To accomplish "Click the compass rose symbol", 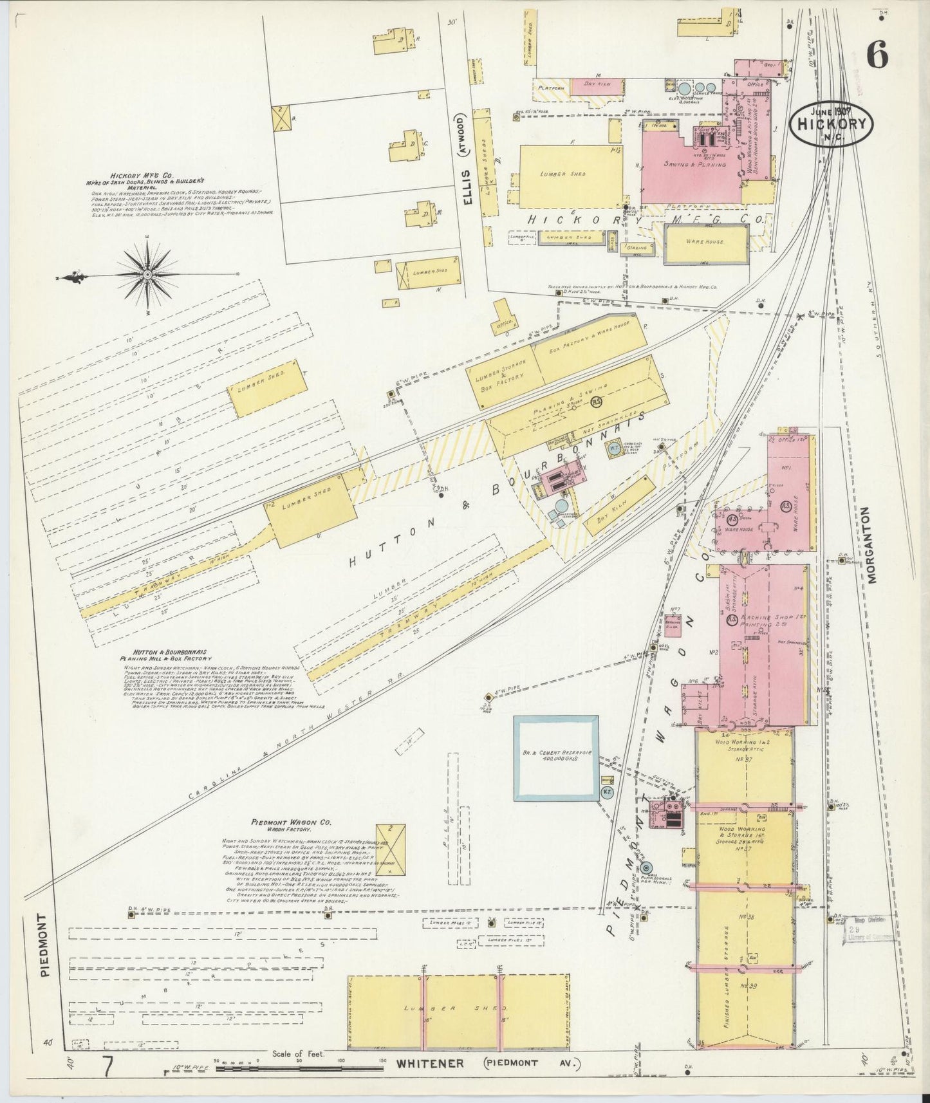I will tap(147, 275).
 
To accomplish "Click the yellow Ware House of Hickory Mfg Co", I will tap(706, 243).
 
